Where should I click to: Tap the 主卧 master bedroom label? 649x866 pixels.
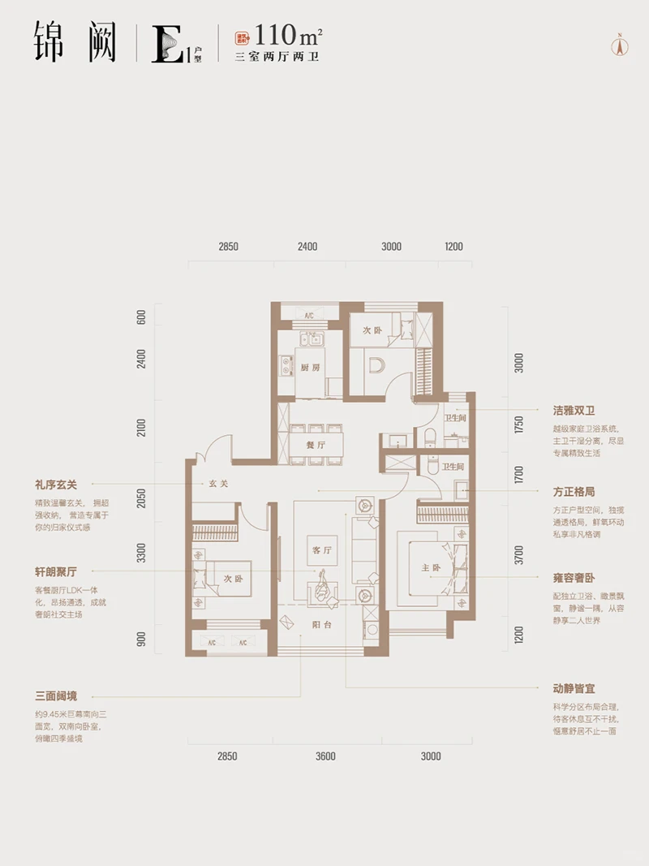point(430,568)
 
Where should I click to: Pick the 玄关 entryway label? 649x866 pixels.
point(217,485)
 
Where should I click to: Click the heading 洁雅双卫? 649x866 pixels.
point(574,411)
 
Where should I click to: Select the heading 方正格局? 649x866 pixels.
point(574,492)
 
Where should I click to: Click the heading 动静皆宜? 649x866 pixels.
point(574,687)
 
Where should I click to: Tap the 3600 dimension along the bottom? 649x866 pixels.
point(325,756)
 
